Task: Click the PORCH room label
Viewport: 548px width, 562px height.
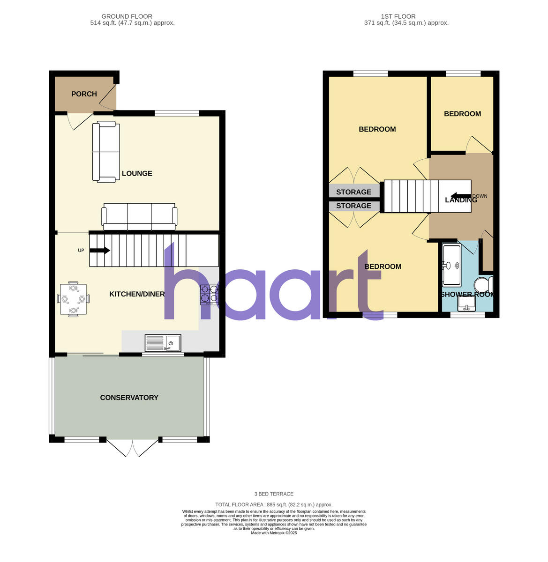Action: (84, 94)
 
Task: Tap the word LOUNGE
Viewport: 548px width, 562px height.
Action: (137, 174)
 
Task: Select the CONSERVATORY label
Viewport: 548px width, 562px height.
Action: (129, 398)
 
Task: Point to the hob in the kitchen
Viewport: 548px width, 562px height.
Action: (210, 295)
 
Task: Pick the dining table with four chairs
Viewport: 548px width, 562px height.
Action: (73, 299)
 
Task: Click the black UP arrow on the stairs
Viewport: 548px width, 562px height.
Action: (99, 251)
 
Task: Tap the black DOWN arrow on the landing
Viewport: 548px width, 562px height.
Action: (460, 196)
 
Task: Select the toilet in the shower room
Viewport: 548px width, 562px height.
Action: (482, 284)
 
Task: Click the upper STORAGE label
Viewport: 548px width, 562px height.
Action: (353, 192)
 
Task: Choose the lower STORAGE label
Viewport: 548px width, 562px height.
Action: (353, 206)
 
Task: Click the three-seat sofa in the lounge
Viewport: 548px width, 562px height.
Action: (140, 217)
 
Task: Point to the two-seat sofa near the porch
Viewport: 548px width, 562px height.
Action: (106, 152)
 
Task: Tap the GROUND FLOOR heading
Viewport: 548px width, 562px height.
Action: (127, 16)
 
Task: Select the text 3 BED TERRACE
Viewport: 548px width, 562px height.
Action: (274, 494)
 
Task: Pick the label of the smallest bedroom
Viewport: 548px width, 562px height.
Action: (462, 114)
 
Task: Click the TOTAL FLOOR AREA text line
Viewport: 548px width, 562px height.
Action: (274, 505)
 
